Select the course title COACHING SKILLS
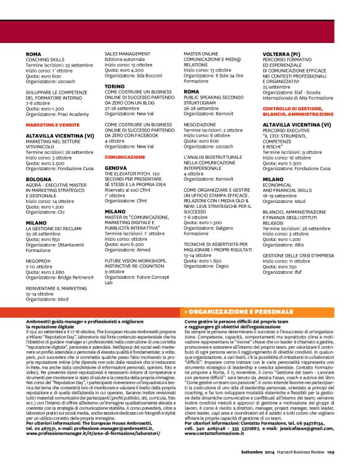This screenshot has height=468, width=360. coord(45,60)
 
